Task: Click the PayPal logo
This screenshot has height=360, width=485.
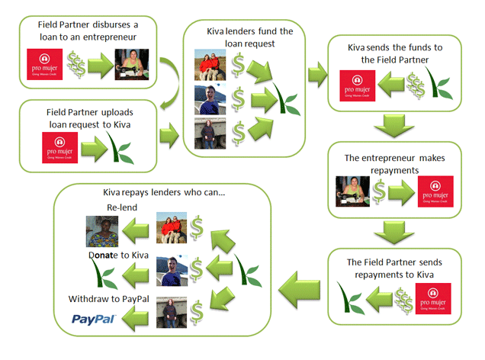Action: click(x=94, y=319)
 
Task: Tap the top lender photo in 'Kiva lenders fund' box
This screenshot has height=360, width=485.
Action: click(x=212, y=65)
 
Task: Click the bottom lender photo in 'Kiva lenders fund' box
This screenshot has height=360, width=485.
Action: click(x=211, y=133)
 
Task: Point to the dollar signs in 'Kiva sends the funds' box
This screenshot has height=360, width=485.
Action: click(x=417, y=84)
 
